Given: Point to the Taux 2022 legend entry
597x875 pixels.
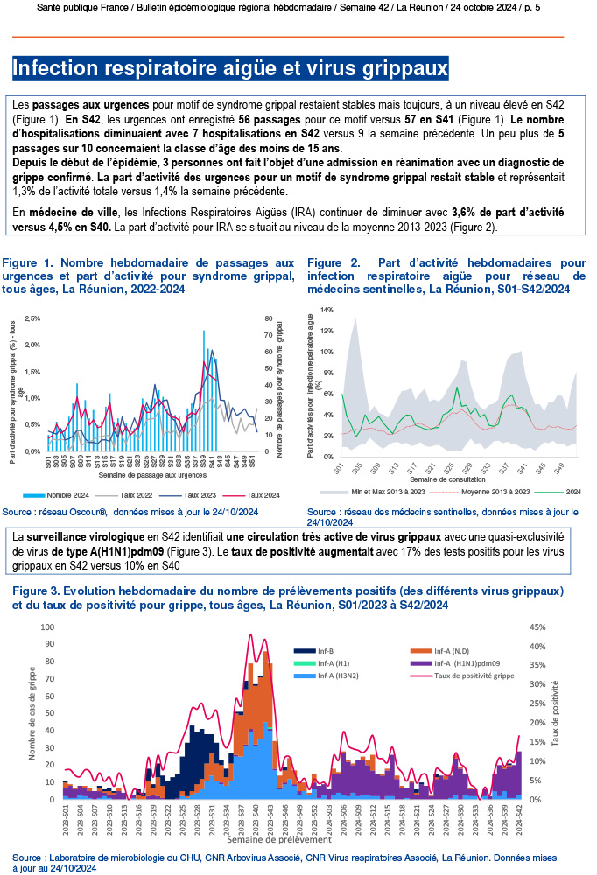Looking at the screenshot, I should [x=136, y=494].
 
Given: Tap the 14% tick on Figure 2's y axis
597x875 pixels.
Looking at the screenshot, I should [x=327, y=311].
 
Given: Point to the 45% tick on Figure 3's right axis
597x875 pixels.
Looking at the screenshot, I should [x=537, y=627].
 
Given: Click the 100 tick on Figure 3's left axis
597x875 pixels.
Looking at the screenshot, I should [x=48, y=627].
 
